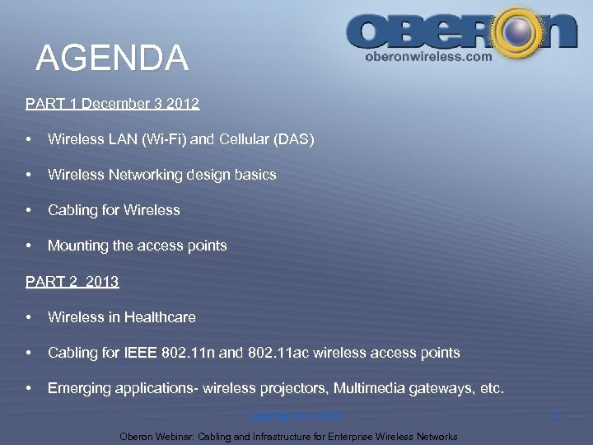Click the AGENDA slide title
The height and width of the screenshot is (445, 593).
tap(113, 59)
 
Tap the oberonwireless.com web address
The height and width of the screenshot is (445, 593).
tap(428, 57)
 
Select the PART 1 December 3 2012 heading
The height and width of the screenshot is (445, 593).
tap(112, 104)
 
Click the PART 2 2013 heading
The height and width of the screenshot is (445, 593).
tap(72, 282)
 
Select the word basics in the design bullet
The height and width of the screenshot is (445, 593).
tap(255, 175)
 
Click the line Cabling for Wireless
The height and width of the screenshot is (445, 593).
tap(114, 210)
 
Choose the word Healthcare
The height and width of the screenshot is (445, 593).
tap(160, 317)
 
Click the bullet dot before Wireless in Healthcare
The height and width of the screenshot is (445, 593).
tap(29, 317)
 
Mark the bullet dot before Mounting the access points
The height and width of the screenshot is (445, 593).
tap(29, 246)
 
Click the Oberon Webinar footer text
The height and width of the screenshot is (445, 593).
tap(288, 436)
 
